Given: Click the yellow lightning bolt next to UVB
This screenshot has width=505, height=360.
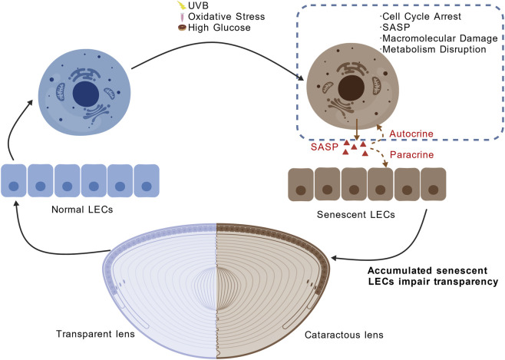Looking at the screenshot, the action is point(182,5).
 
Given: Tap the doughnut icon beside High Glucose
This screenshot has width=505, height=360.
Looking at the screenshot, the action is point(183,28).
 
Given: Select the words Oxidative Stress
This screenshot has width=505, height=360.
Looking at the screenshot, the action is point(226,16).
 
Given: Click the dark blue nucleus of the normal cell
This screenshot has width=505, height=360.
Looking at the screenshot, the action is point(86,94).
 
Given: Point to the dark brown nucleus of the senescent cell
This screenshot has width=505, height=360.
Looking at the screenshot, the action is point(352,88).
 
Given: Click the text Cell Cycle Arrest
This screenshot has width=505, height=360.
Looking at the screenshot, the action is point(421,16).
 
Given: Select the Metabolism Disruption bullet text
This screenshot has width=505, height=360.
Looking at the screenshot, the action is point(434,49).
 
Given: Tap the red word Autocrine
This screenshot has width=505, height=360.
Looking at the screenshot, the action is point(411,134).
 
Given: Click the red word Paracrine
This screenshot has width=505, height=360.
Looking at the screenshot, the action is point(411,155).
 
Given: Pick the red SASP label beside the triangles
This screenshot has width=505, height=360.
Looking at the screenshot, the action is point(325,147).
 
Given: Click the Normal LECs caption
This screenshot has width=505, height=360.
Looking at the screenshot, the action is point(82,210).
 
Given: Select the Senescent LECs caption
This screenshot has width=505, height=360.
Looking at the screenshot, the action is point(356,214).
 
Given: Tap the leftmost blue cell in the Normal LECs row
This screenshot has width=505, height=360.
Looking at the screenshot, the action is point(14,180).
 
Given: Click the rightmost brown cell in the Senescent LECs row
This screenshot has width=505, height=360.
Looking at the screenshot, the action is point(434,184).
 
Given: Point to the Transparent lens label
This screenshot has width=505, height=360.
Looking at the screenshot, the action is point(95,334).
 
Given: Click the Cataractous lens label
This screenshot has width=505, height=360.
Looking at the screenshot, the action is point(344,335).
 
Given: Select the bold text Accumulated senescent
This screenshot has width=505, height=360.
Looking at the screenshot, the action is point(427,270).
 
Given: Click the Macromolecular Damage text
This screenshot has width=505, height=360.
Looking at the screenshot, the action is point(440,38).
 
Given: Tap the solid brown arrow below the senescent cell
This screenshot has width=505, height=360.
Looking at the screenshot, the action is point(357,129).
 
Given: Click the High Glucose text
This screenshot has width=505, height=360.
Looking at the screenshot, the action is point(219,28).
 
